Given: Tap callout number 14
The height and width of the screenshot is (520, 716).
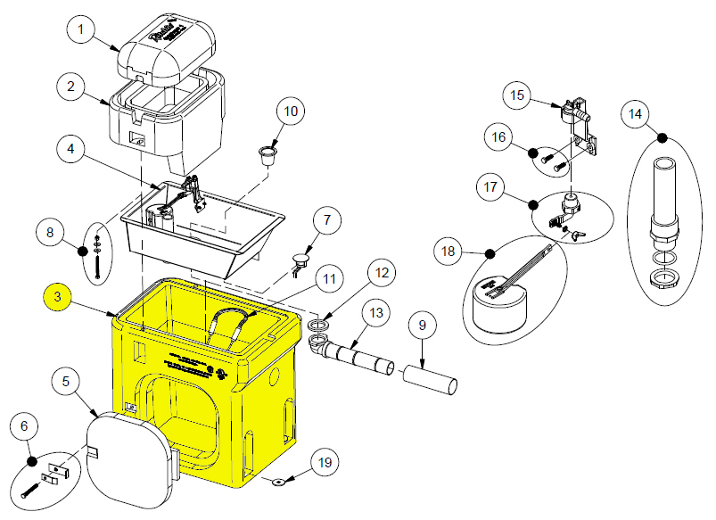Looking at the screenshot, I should coord(635,115).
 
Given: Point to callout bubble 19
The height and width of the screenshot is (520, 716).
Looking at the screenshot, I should coord(325,462).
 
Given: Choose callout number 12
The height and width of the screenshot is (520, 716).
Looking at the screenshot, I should coord(381,272).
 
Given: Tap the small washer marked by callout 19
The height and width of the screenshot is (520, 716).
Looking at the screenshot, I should coord(277,482).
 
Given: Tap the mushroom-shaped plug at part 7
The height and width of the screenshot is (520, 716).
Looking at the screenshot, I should coord(301,260).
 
